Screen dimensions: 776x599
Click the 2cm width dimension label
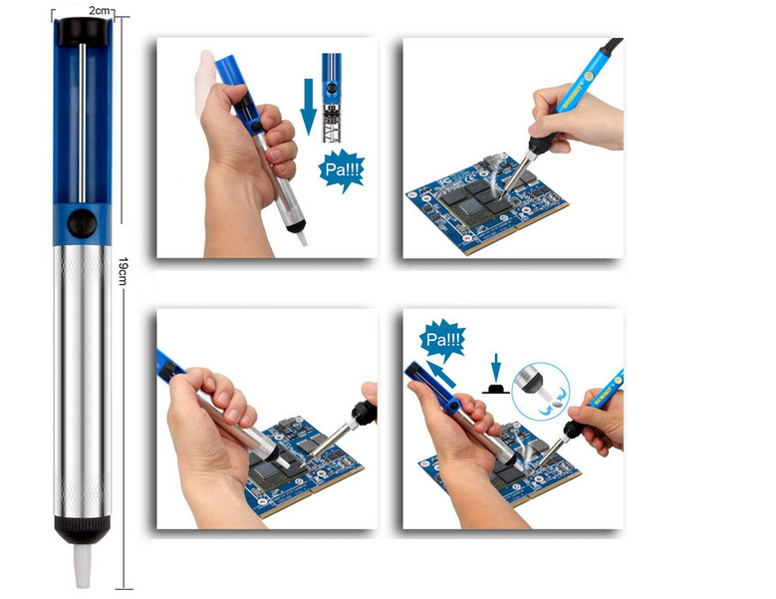[x=99, y=10]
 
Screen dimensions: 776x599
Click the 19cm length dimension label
[x=123, y=271]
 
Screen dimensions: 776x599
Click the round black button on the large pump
[x=82, y=223]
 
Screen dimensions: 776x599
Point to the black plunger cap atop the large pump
[x=83, y=31]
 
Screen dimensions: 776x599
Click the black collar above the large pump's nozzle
[x=82, y=529]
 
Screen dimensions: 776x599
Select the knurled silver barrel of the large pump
[x=82, y=381]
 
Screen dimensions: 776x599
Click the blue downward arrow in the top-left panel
[x=309, y=107]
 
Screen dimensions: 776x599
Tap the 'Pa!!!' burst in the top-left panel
[x=342, y=170]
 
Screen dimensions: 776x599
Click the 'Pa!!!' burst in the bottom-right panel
[x=443, y=340]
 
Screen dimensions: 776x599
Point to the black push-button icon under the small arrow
[x=496, y=388]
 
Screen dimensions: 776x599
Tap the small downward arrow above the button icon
[x=496, y=367]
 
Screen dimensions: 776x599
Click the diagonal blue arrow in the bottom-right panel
[x=441, y=375]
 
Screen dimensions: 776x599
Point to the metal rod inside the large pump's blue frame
[x=82, y=123]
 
